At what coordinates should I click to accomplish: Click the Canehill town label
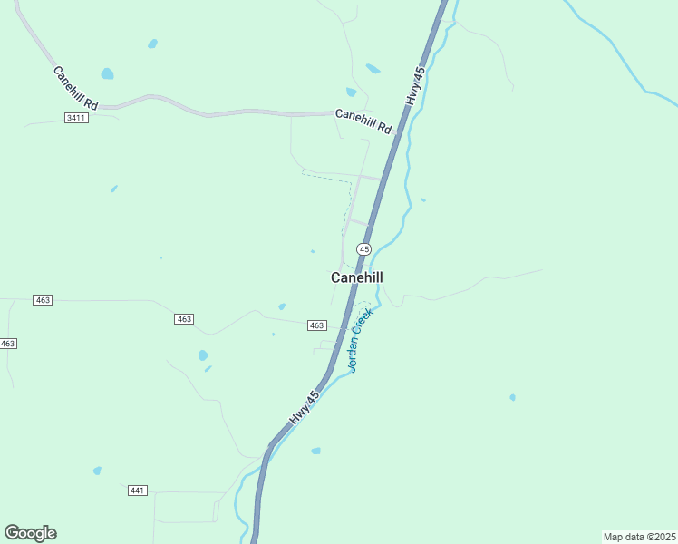357,277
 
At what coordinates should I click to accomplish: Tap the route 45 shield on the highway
363,248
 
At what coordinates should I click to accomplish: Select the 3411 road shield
76,119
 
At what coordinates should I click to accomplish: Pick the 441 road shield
137,491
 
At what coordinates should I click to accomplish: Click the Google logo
30,533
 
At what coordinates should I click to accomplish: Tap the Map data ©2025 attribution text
638,536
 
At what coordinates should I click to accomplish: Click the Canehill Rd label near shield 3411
75,88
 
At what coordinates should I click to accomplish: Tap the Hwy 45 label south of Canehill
305,409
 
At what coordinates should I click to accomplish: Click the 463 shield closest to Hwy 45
316,325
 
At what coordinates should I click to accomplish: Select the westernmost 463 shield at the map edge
7,344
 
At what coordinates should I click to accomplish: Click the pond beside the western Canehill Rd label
107,73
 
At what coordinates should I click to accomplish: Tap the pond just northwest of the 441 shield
97,471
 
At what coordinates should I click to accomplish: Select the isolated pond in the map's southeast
512,397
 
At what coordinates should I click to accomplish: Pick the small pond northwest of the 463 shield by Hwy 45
282,306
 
